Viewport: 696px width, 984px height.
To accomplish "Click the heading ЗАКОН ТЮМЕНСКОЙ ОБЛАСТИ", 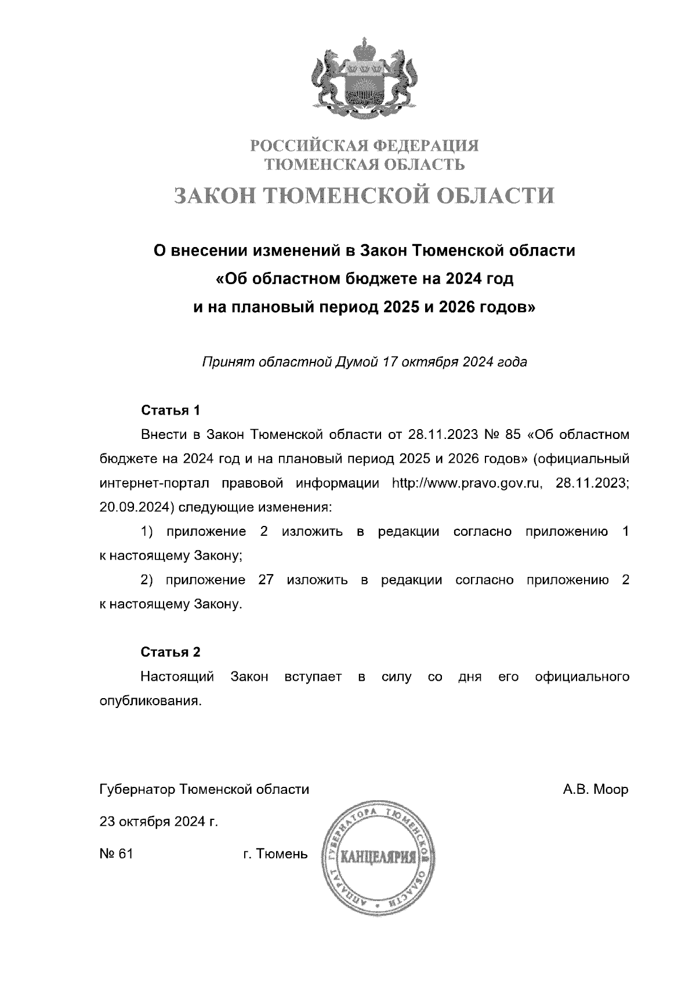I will click(x=364, y=196).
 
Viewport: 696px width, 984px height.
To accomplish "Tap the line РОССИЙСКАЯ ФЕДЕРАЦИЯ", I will click(x=364, y=145).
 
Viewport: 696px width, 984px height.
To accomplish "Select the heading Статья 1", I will click(x=171, y=411).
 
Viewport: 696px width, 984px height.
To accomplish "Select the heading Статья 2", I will click(x=171, y=652).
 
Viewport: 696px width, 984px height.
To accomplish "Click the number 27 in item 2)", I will click(x=266, y=580).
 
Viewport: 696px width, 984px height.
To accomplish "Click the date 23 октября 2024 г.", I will click(x=159, y=822).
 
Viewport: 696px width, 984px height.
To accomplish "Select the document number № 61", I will click(x=117, y=854).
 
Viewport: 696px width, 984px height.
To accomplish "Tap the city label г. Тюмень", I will click(x=275, y=854).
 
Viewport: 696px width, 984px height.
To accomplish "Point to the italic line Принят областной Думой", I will click(x=364, y=362).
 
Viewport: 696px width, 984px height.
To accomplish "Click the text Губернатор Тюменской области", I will click(x=205, y=790).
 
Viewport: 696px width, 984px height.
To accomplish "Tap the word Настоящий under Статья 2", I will click(x=177, y=677).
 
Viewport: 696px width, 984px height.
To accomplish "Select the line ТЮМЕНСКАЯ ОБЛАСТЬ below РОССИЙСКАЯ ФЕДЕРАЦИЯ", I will click(x=364, y=165).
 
